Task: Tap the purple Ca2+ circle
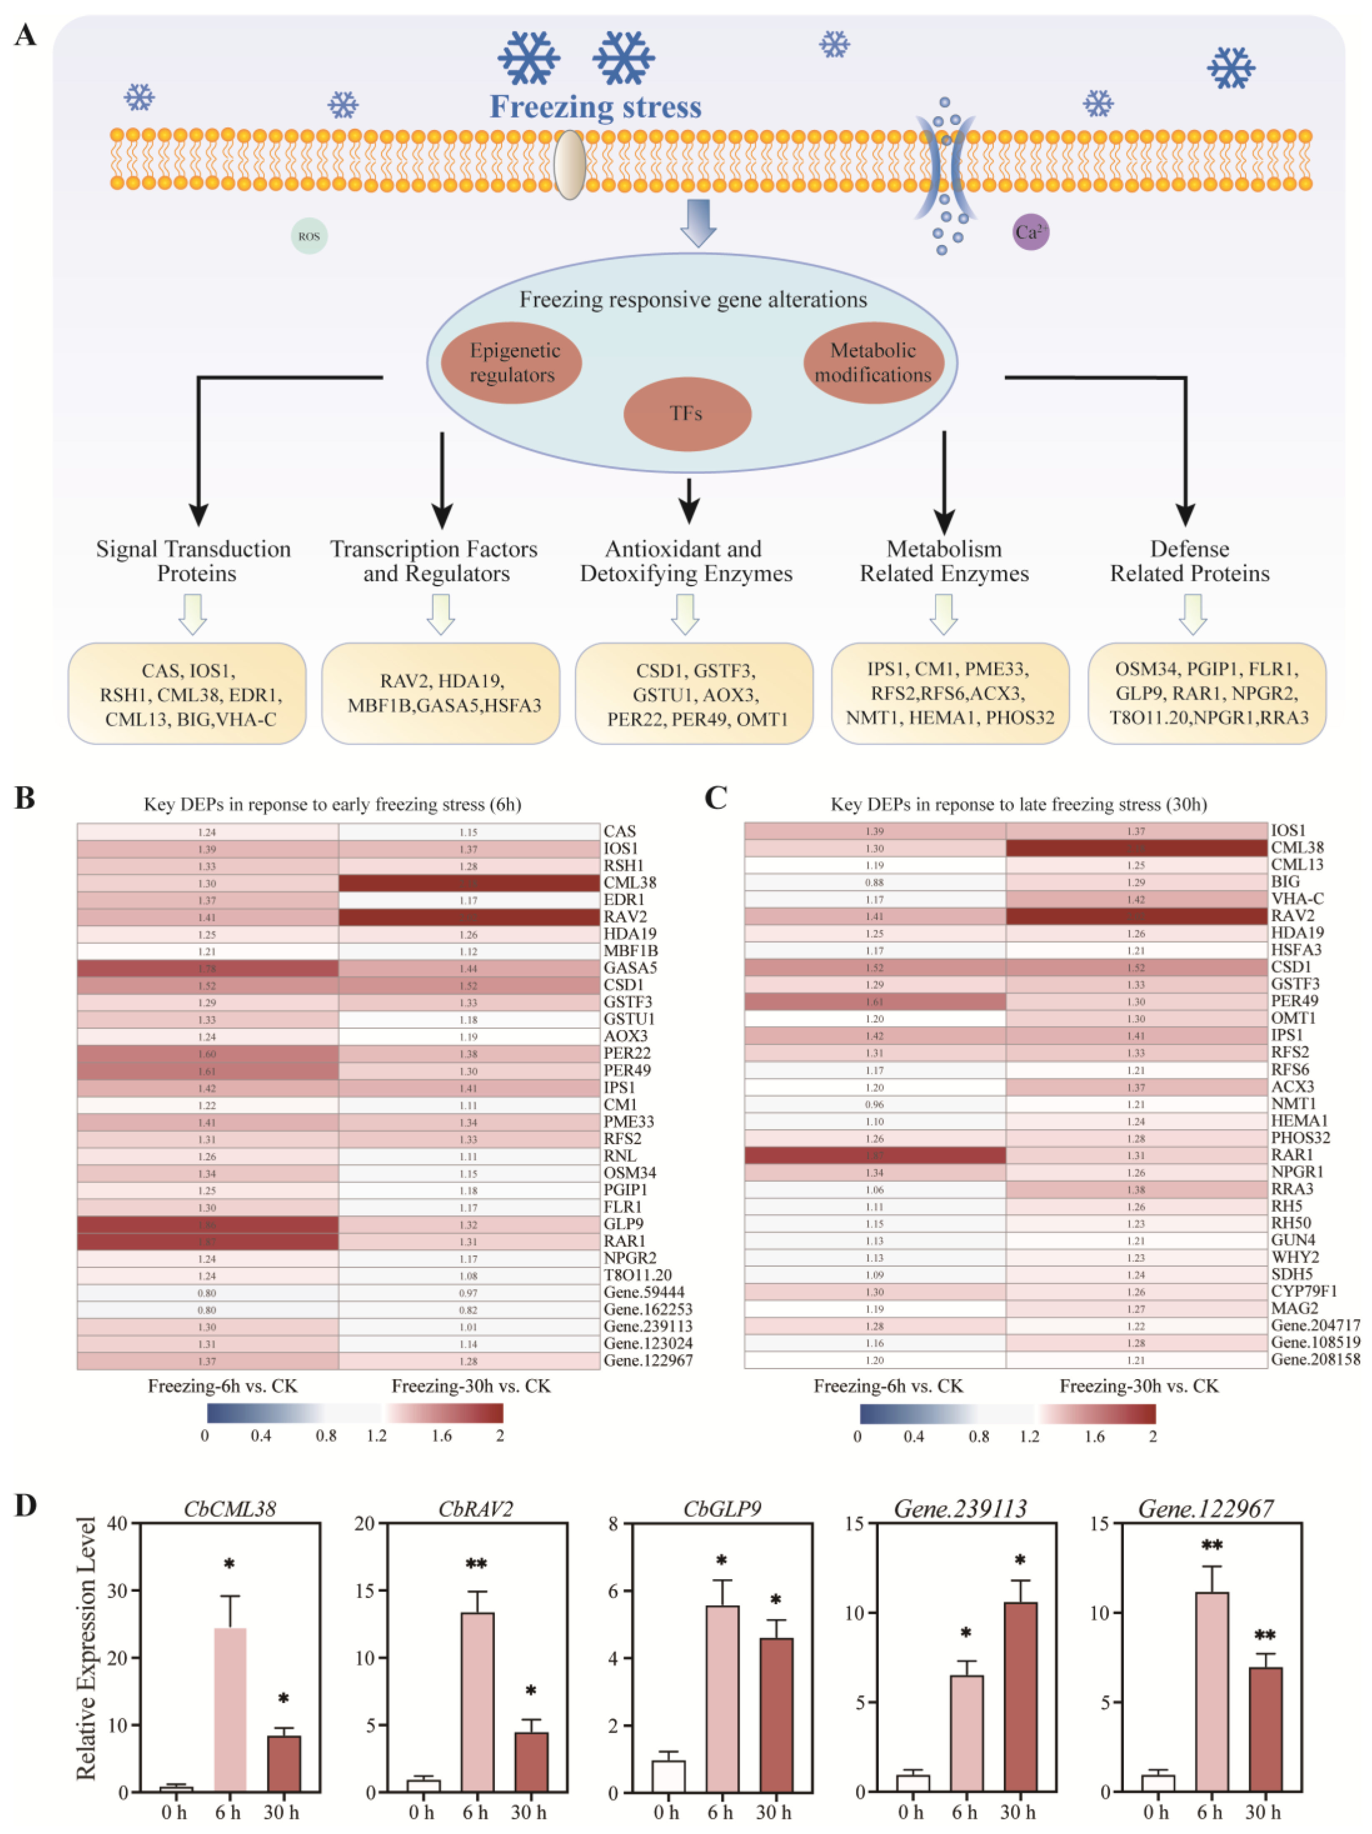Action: tap(1030, 232)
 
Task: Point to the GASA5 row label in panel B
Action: tap(630, 968)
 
